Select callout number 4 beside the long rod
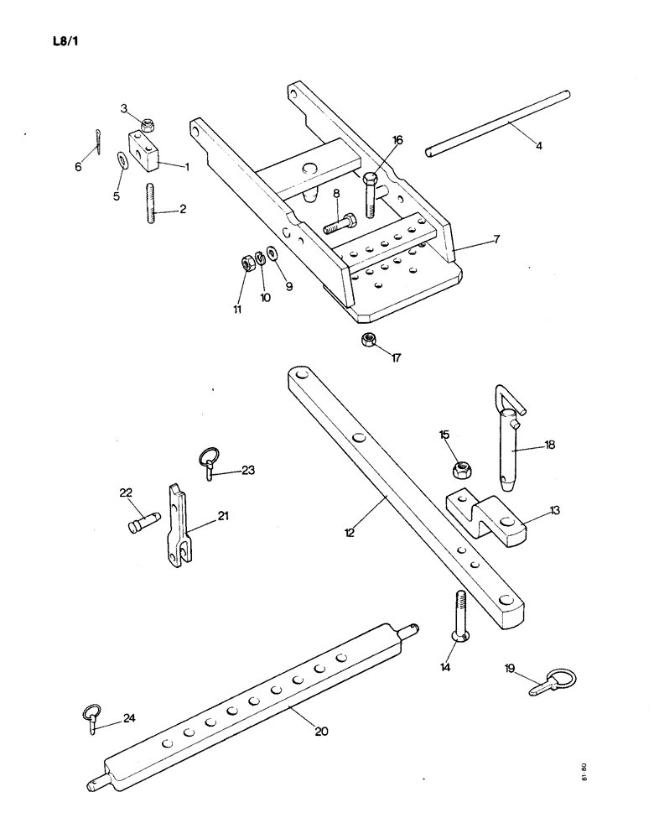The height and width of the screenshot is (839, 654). [538, 145]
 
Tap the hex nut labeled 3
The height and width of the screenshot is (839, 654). [146, 126]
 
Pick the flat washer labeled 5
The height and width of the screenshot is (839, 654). [122, 159]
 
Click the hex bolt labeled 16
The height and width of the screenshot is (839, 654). [371, 195]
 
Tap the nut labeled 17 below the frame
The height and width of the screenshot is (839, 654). [367, 340]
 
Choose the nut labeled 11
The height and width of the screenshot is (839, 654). [247, 263]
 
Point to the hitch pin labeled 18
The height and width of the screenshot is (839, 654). [510, 440]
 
